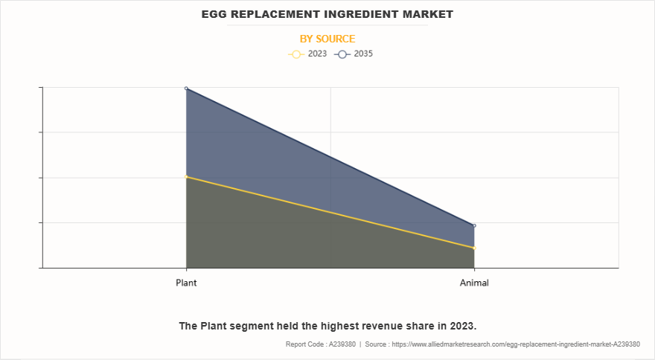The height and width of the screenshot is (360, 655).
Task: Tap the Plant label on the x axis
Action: pos(186,283)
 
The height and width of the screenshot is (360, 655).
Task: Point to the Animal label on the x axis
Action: pos(474,283)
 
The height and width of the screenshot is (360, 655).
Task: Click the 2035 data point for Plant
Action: pos(186,89)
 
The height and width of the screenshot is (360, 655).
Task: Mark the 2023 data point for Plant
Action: pos(186,176)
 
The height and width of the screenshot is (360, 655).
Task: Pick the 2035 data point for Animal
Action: pos(474,225)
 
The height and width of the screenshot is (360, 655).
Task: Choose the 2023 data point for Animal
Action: pos(474,248)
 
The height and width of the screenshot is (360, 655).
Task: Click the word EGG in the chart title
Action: pos(214,14)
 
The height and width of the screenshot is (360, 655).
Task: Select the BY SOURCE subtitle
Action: pos(327,39)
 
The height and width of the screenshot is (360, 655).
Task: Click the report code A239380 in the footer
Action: pos(341,344)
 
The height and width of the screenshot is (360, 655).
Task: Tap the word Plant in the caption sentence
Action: pos(214,326)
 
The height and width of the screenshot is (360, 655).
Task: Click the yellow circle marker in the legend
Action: pos(295,54)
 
